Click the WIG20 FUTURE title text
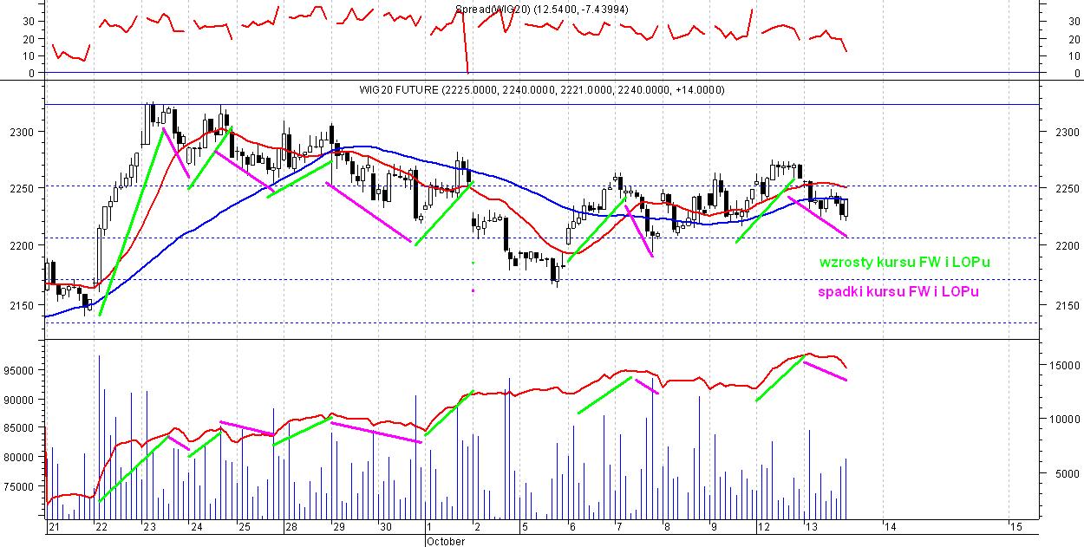coord(542,90)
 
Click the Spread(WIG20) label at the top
coord(542,10)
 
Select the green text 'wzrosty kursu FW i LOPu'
coord(904,262)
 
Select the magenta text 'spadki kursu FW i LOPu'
coord(898,292)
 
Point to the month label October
coord(445,541)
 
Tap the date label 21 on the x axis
coord(54,527)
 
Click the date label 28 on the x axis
coord(291,527)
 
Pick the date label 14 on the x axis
coord(888,527)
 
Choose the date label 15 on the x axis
coord(1015,527)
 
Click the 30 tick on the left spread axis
coord(28,21)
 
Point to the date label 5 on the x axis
coord(523,527)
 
